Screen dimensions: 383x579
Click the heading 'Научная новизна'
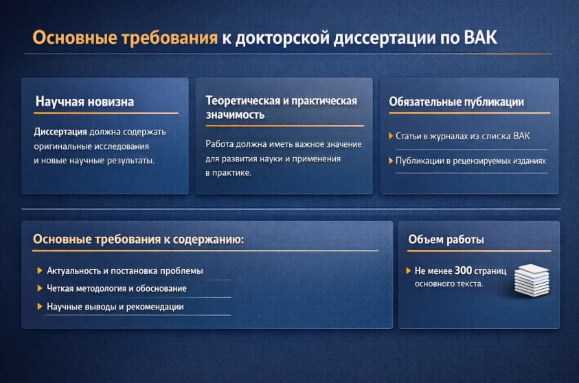click(84, 102)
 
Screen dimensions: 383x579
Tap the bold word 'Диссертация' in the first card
click(60, 132)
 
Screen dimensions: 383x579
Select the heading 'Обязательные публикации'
click(456, 102)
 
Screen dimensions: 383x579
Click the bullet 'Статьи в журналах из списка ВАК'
click(463, 136)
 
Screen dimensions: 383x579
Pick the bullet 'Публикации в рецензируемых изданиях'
click(470, 161)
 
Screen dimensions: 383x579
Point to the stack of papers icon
click(531, 279)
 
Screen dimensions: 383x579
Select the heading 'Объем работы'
click(446, 240)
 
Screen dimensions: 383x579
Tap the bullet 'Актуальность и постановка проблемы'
click(124, 271)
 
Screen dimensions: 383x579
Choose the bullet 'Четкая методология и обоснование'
click(116, 289)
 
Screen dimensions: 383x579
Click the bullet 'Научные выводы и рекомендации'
click(115, 307)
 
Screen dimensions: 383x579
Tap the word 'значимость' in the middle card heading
click(235, 115)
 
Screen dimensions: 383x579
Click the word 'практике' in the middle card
click(231, 173)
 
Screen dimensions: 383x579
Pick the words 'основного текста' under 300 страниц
click(449, 283)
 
